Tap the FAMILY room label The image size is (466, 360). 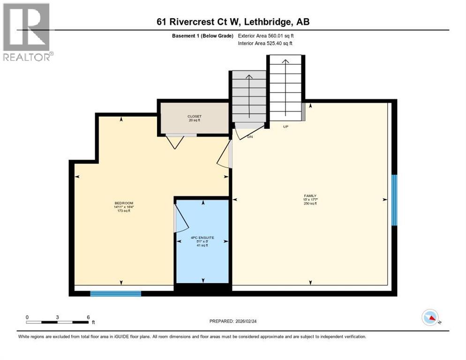[x=310, y=196]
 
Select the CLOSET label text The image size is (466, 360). [x=194, y=116]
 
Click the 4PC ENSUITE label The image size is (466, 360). [x=203, y=238]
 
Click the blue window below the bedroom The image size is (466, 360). [x=115, y=294]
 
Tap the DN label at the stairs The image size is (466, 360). [x=250, y=137]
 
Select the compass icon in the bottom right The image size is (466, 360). [x=429, y=318]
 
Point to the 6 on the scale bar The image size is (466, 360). [x=88, y=317]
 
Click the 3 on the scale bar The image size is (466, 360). [x=57, y=317]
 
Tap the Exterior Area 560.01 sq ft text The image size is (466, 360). [x=266, y=36]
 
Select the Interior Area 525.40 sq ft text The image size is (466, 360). [x=265, y=44]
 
